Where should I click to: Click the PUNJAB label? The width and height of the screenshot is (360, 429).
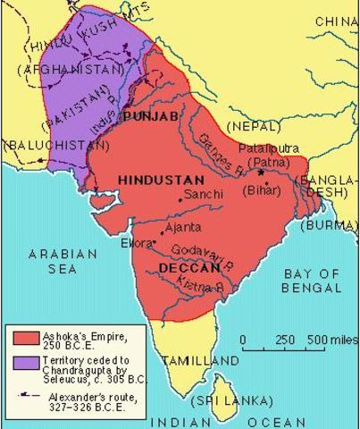150,116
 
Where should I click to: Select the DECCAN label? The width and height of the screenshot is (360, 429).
188,267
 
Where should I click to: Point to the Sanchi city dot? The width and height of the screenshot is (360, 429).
179,199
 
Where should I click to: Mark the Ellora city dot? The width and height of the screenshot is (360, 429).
155,241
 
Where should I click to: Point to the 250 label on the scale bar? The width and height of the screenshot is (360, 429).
285,341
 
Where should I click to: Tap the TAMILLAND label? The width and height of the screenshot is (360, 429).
201,361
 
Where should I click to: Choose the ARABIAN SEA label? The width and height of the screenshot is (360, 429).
63,261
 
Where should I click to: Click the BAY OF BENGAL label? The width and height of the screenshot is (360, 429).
311,281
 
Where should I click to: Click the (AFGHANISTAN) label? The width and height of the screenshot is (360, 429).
71,69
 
